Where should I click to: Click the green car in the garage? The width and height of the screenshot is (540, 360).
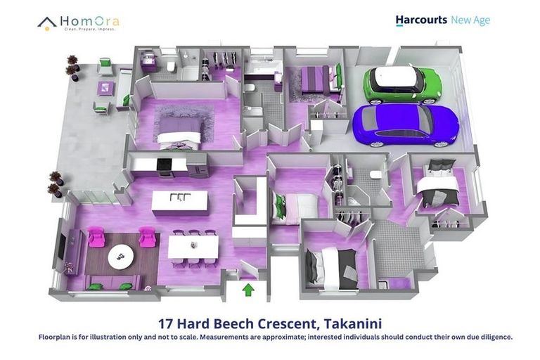tap(401, 84)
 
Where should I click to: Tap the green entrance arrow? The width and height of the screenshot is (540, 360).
tap(247, 290)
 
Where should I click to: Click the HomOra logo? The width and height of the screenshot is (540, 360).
tap(78, 22)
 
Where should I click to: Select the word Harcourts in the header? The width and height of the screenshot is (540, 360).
tap(421, 20)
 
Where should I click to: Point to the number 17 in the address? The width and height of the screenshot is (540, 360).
tap(167, 324)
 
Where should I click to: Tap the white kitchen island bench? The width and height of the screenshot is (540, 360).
tap(180, 202)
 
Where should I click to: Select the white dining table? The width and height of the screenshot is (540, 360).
tap(192, 247)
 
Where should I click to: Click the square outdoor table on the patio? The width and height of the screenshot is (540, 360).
tap(105, 88)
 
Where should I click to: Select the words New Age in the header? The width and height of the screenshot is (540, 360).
tap(470, 20)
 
